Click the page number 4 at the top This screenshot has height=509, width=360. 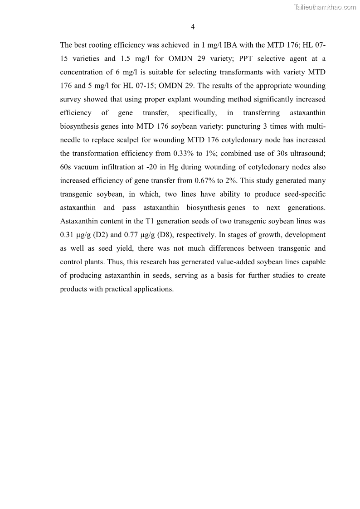point(193,27)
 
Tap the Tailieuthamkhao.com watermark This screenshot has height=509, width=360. point(325,7)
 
